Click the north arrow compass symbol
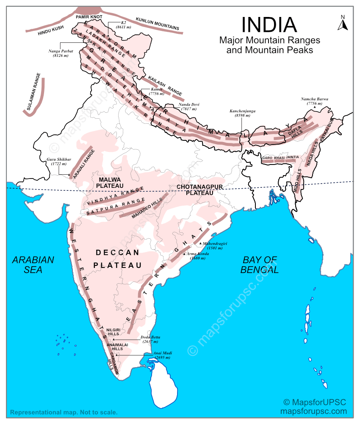pyautogui.click(x=343, y=23)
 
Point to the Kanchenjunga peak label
pyautogui.click(x=242, y=113)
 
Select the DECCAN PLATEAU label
pyautogui.click(x=117, y=259)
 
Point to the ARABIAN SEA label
pyautogui.click(x=33, y=264)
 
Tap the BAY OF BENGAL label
pyautogui.click(x=260, y=264)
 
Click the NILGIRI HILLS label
pyautogui.click(x=113, y=332)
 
